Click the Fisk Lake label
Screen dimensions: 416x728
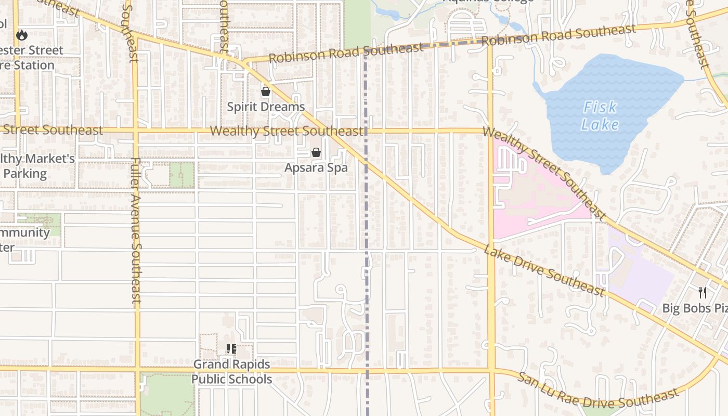[x=600, y=115]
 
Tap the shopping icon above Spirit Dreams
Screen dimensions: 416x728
[x=266, y=92]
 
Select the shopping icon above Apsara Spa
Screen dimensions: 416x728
[x=316, y=152]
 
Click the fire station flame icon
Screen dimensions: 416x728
[x=21, y=35]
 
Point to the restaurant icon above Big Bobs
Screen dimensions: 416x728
[x=703, y=293]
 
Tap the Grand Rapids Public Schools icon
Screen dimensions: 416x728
[x=231, y=349]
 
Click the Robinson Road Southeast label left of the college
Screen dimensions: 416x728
[x=346, y=53]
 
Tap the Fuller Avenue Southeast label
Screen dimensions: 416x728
[x=136, y=230]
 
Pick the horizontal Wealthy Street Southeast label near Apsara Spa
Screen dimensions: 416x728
[x=287, y=131]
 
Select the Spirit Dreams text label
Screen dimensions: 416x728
[x=266, y=107]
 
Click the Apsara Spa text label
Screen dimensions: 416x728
[x=316, y=167]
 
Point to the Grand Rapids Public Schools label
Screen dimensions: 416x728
[x=231, y=371]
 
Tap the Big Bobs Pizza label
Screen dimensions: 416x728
[x=695, y=308]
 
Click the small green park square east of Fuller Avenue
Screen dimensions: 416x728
[x=181, y=175]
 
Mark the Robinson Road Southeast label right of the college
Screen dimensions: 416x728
[x=559, y=35]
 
